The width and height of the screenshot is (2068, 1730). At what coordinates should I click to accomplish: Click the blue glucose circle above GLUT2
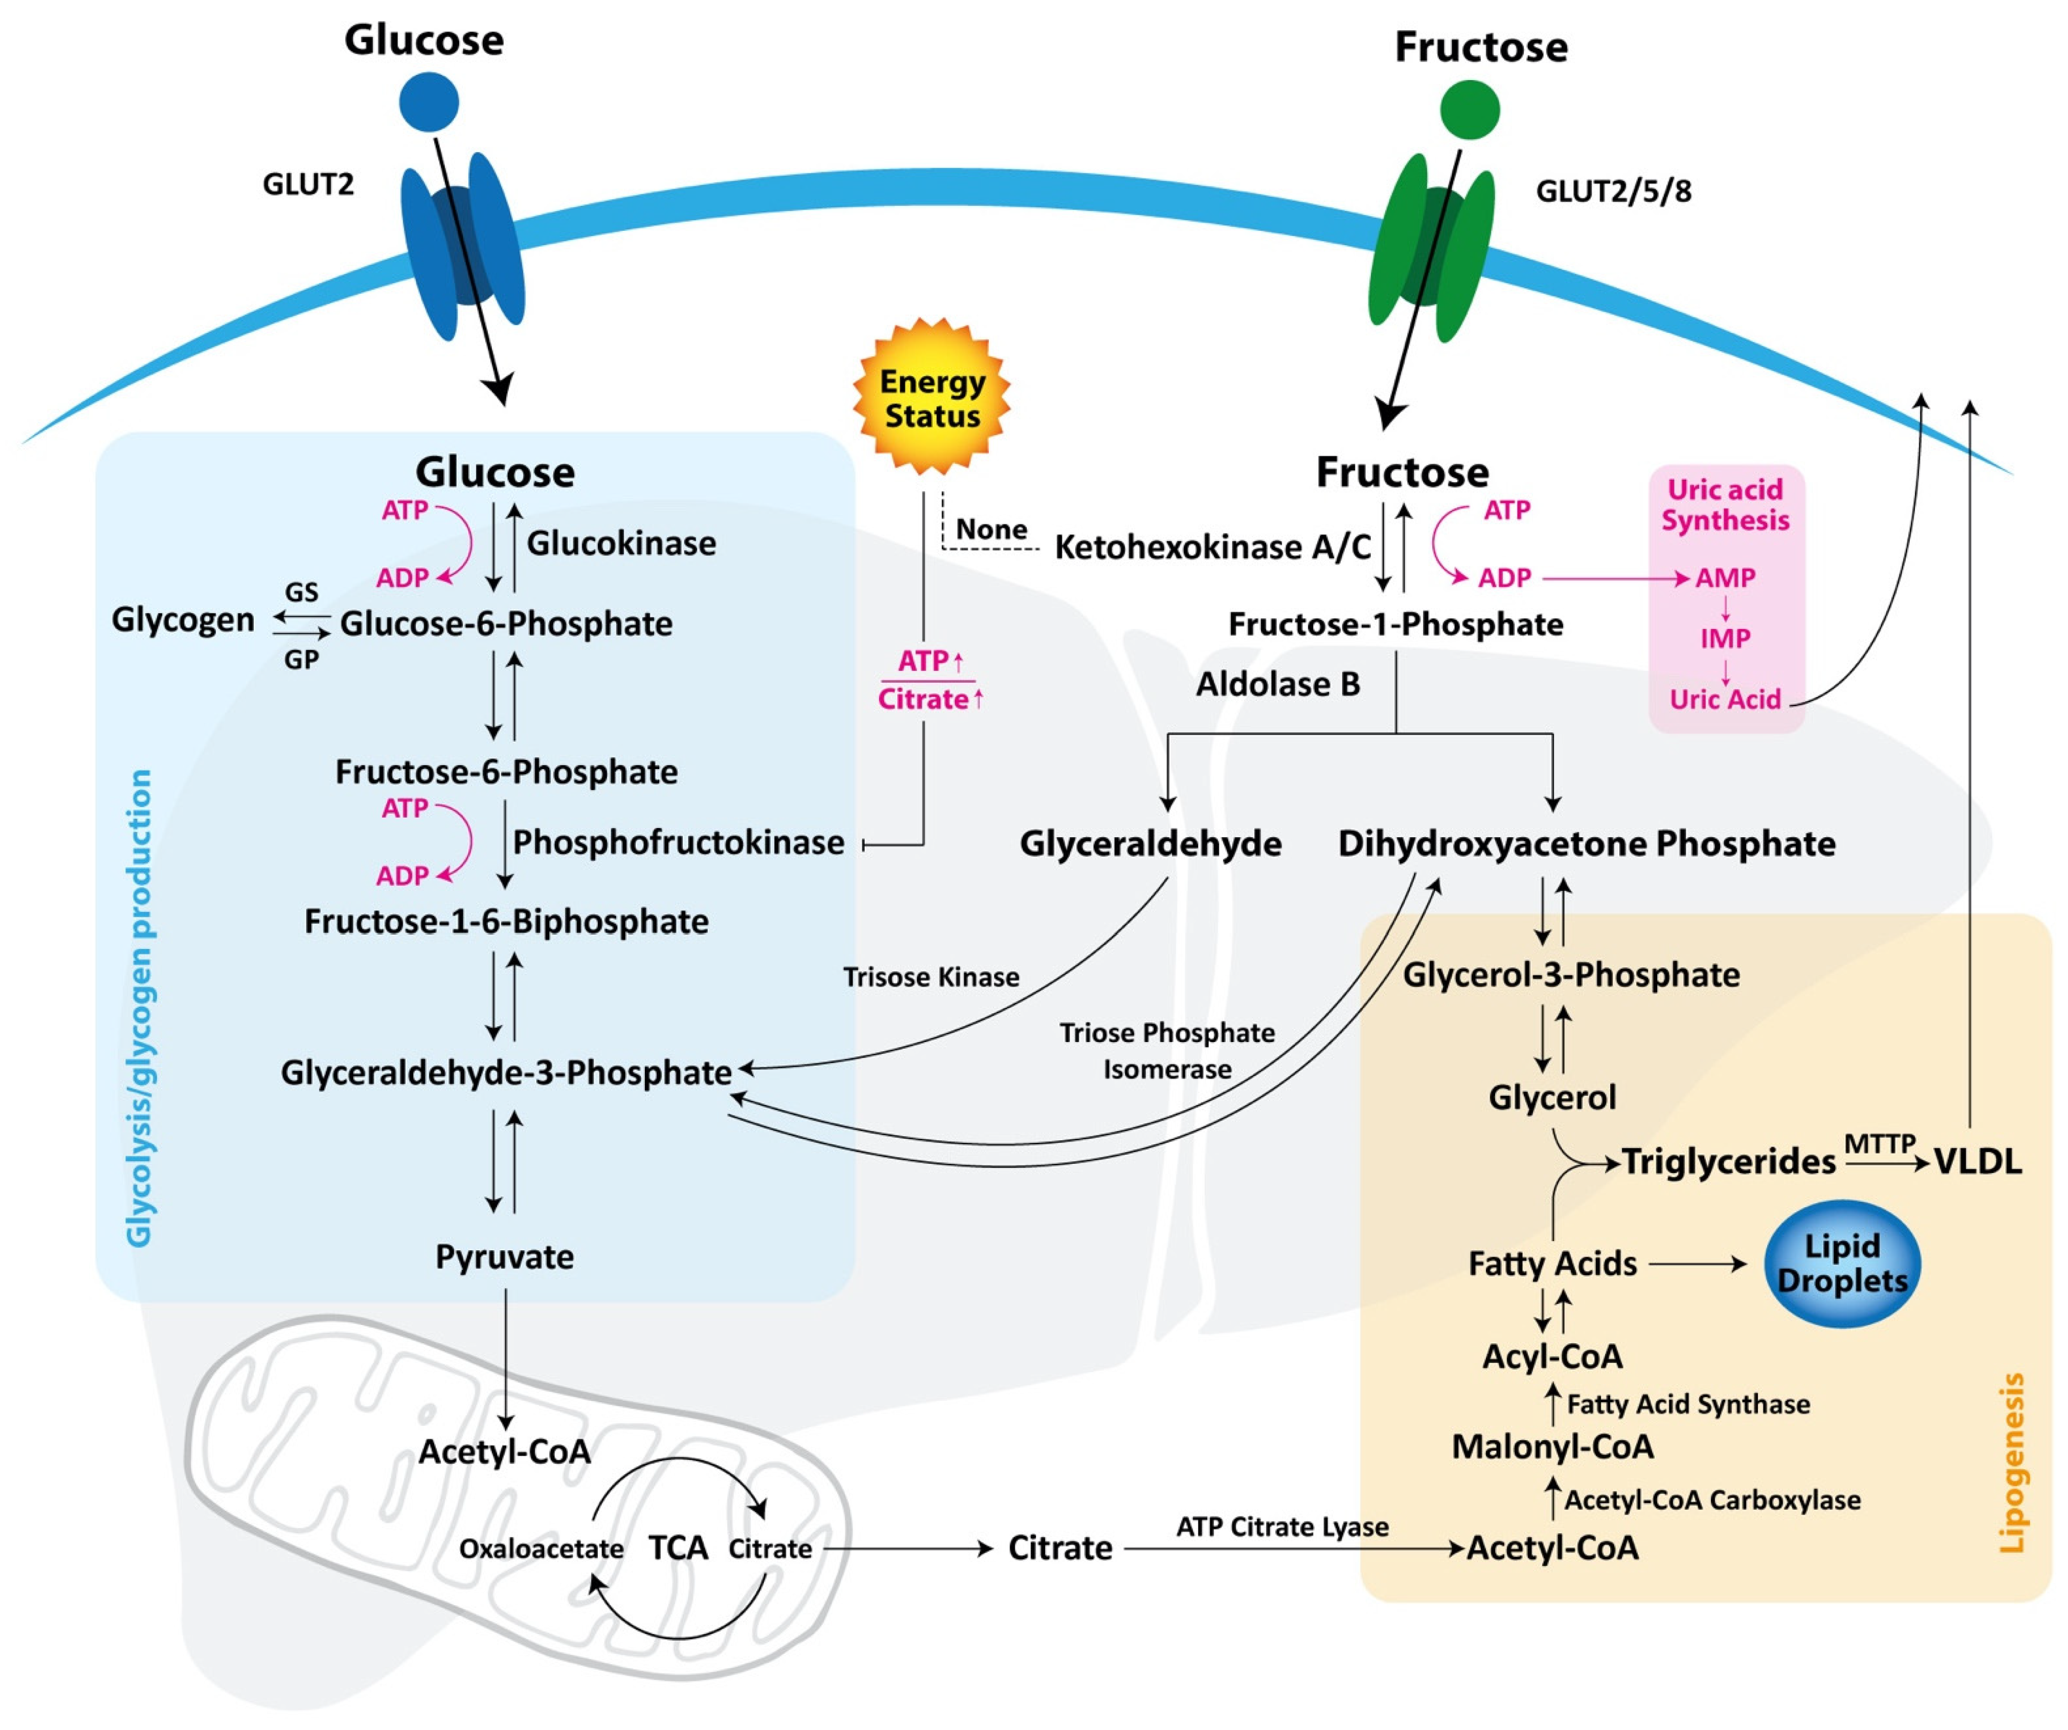coord(428,101)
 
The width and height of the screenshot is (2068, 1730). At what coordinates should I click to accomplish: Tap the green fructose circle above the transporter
coord(1469,109)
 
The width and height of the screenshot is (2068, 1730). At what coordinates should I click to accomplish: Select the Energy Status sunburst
coord(932,398)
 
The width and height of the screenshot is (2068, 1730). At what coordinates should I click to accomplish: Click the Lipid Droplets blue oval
coord(1842,1263)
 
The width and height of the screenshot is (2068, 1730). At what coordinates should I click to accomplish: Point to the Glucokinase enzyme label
coord(621,543)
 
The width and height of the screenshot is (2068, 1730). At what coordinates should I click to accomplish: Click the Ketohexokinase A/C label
coord(1212,546)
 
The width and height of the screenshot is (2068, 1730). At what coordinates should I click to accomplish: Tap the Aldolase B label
coord(1277,683)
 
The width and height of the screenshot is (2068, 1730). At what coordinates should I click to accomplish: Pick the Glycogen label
coord(183,620)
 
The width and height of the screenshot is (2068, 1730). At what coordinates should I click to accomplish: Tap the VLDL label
coord(1977,1162)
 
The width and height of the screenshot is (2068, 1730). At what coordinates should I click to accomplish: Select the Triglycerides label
coord(1728,1162)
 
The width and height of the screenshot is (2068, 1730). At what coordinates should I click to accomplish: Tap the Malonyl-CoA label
coord(1552,1446)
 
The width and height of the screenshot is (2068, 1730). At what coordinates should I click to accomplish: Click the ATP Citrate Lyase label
coord(1282,1526)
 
